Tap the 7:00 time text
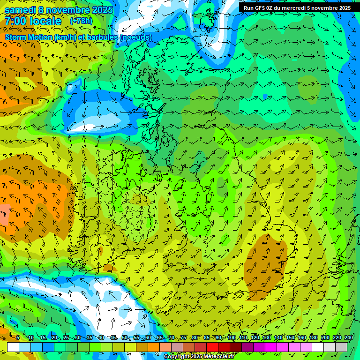15,21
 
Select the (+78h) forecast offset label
81,21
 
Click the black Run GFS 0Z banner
297,7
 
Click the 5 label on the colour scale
18,337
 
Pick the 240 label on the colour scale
348,337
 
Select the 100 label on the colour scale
231,337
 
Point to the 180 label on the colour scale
313,337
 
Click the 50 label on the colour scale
125,337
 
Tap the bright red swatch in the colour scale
212,347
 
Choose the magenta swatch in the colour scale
271,347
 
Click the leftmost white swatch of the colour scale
13,347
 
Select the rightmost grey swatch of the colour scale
341,347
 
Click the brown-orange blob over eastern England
265,265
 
